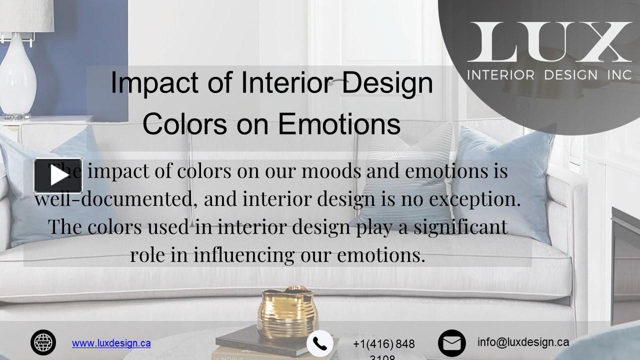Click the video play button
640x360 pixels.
58,175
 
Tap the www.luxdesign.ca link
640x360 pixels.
111,343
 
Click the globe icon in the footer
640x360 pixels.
43,343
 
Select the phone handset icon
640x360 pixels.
319,343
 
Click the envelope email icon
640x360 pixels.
451,343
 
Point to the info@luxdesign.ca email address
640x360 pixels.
523,342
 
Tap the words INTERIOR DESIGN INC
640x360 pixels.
549,75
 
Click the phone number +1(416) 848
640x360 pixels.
383,344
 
